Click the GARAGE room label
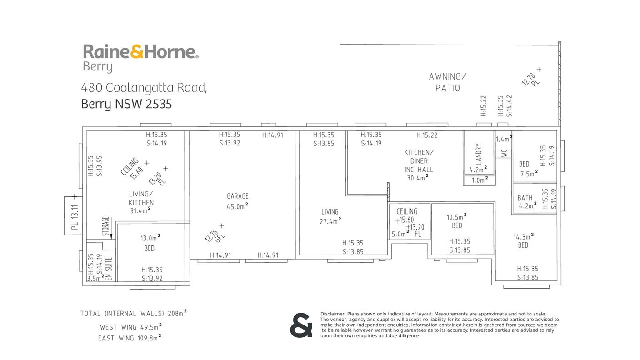tap(237, 196)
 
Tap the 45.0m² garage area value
tap(237, 206)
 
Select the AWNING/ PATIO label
tap(447, 82)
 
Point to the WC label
tap(504, 153)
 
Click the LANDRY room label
tap(479, 154)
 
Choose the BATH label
tap(525, 198)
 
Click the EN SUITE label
tap(109, 269)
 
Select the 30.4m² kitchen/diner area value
tap(418, 178)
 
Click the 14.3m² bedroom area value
tap(524, 236)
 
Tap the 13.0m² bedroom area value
tap(150, 238)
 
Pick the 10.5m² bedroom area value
tap(456, 217)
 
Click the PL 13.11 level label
tap(75, 217)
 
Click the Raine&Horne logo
tap(140, 51)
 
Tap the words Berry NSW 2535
tap(126, 104)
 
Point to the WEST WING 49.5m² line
tap(131, 327)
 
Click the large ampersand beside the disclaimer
tap(301, 325)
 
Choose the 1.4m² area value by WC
tap(504, 139)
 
